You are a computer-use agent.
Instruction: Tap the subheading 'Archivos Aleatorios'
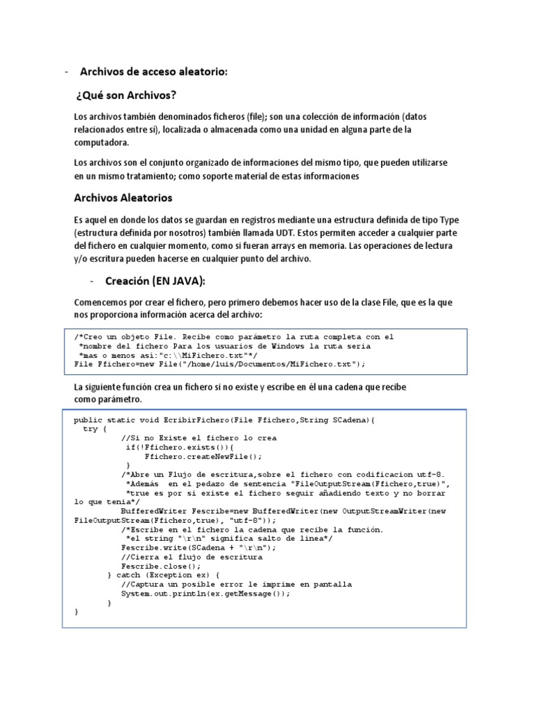tap(123, 198)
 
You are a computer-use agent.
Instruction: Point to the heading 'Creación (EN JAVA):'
tap(156, 282)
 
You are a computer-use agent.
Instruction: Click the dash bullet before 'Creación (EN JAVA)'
tap(92, 282)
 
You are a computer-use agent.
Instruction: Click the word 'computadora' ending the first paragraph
tap(101, 142)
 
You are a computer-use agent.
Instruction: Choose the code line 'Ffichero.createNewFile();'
tap(203, 456)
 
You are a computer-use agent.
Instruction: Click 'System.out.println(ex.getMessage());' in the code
tap(205, 594)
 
